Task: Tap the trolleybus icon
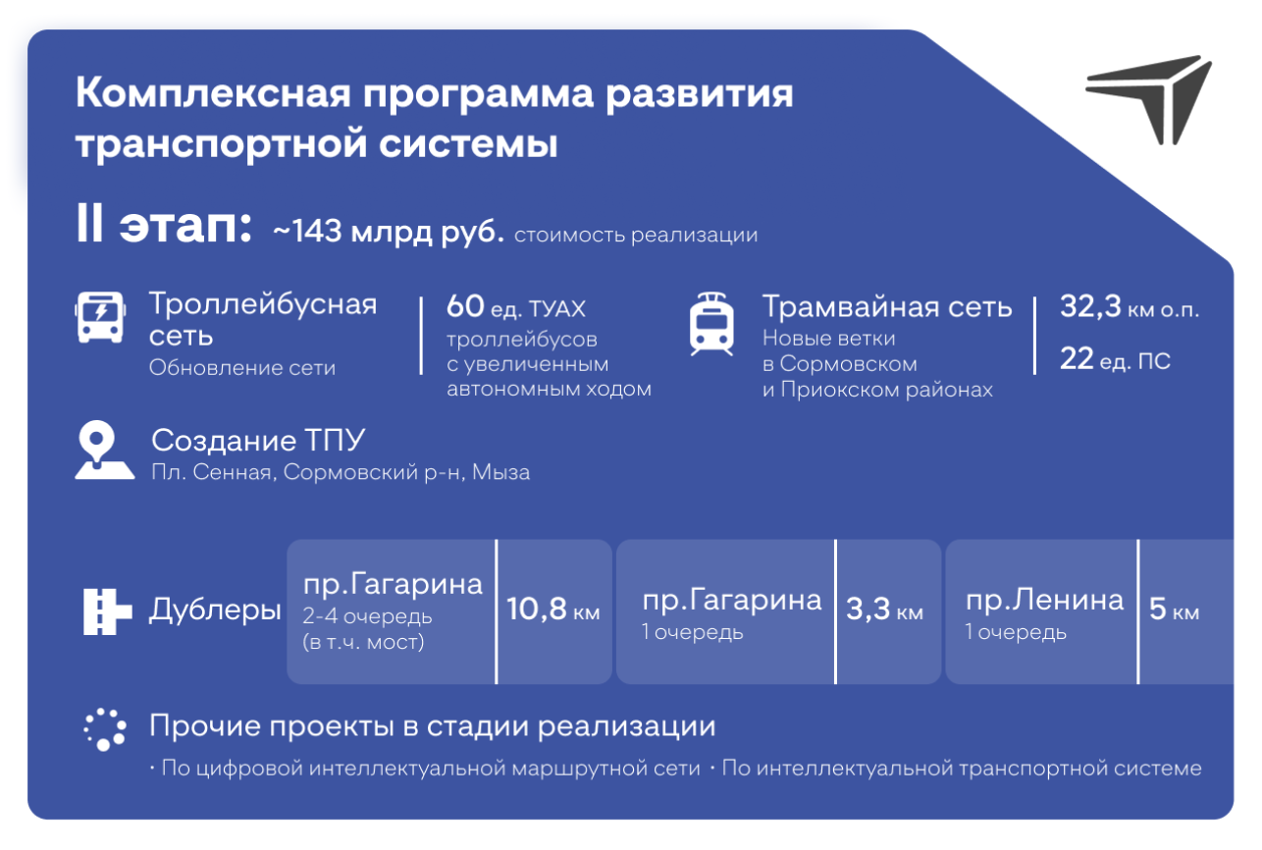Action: tap(101, 316)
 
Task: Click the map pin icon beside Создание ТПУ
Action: tap(104, 452)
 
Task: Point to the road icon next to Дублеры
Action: tap(107, 611)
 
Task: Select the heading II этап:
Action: tap(165, 228)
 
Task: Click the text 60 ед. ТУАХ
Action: tap(515, 308)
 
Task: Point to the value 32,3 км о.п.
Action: tap(1129, 308)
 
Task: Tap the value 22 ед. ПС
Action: tap(1115, 360)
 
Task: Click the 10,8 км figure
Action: tap(553, 611)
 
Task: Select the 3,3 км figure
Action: tap(884, 611)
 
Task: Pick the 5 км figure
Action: tap(1174, 611)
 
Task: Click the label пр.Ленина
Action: tap(1044, 599)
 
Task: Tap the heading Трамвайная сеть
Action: tap(887, 307)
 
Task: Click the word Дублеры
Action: tap(215, 611)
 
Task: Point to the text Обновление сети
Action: tap(242, 368)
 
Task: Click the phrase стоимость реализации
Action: tap(636, 236)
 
